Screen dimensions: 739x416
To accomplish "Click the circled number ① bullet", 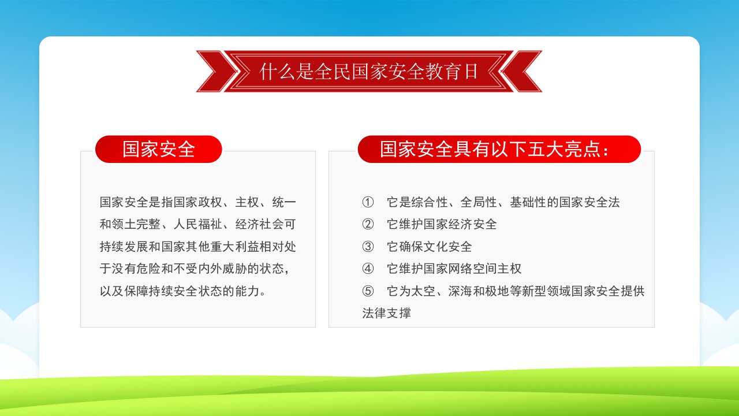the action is tap(368, 202).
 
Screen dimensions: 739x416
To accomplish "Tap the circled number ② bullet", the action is tap(368, 224).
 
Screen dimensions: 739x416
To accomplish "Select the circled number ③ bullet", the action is tap(368, 247).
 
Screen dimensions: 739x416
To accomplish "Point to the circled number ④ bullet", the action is tap(368, 269).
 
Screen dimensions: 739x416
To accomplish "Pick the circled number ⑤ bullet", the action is tap(368, 291).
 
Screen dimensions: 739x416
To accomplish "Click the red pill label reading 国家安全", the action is tap(159, 149).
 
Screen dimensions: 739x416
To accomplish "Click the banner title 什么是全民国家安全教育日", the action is tap(369, 72).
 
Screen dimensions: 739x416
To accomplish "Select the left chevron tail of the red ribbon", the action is tap(216, 71).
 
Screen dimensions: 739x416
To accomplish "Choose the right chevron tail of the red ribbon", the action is tap(522, 71).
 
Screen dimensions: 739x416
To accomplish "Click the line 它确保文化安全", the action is tap(429, 247).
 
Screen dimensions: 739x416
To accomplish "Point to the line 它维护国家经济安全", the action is tap(442, 224).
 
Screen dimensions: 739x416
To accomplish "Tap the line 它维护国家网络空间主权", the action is tap(454, 269).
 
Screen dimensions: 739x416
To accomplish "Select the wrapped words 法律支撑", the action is tap(387, 313).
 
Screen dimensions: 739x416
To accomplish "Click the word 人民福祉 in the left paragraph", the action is tap(197, 224).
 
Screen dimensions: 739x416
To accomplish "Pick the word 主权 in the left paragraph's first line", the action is tap(247, 202).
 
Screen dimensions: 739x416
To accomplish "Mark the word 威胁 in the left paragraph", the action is tap(234, 269).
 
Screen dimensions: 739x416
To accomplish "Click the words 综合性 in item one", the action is tap(430, 202).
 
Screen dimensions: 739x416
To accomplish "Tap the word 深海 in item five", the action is tap(460, 291).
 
